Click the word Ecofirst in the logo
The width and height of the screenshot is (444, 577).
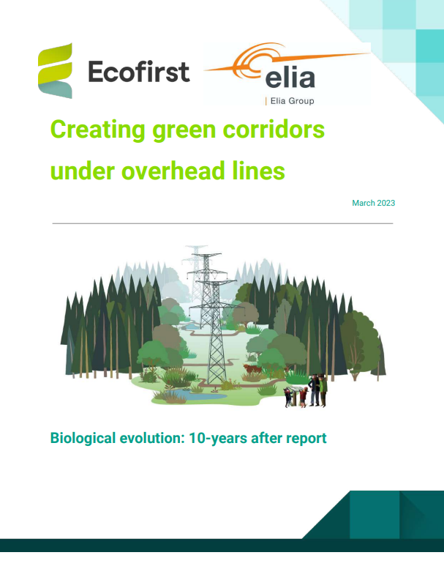[x=138, y=72]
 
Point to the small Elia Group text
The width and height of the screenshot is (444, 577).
[x=290, y=101]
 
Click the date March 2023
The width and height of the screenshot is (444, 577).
[x=373, y=203]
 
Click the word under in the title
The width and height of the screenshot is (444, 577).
[x=79, y=172]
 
